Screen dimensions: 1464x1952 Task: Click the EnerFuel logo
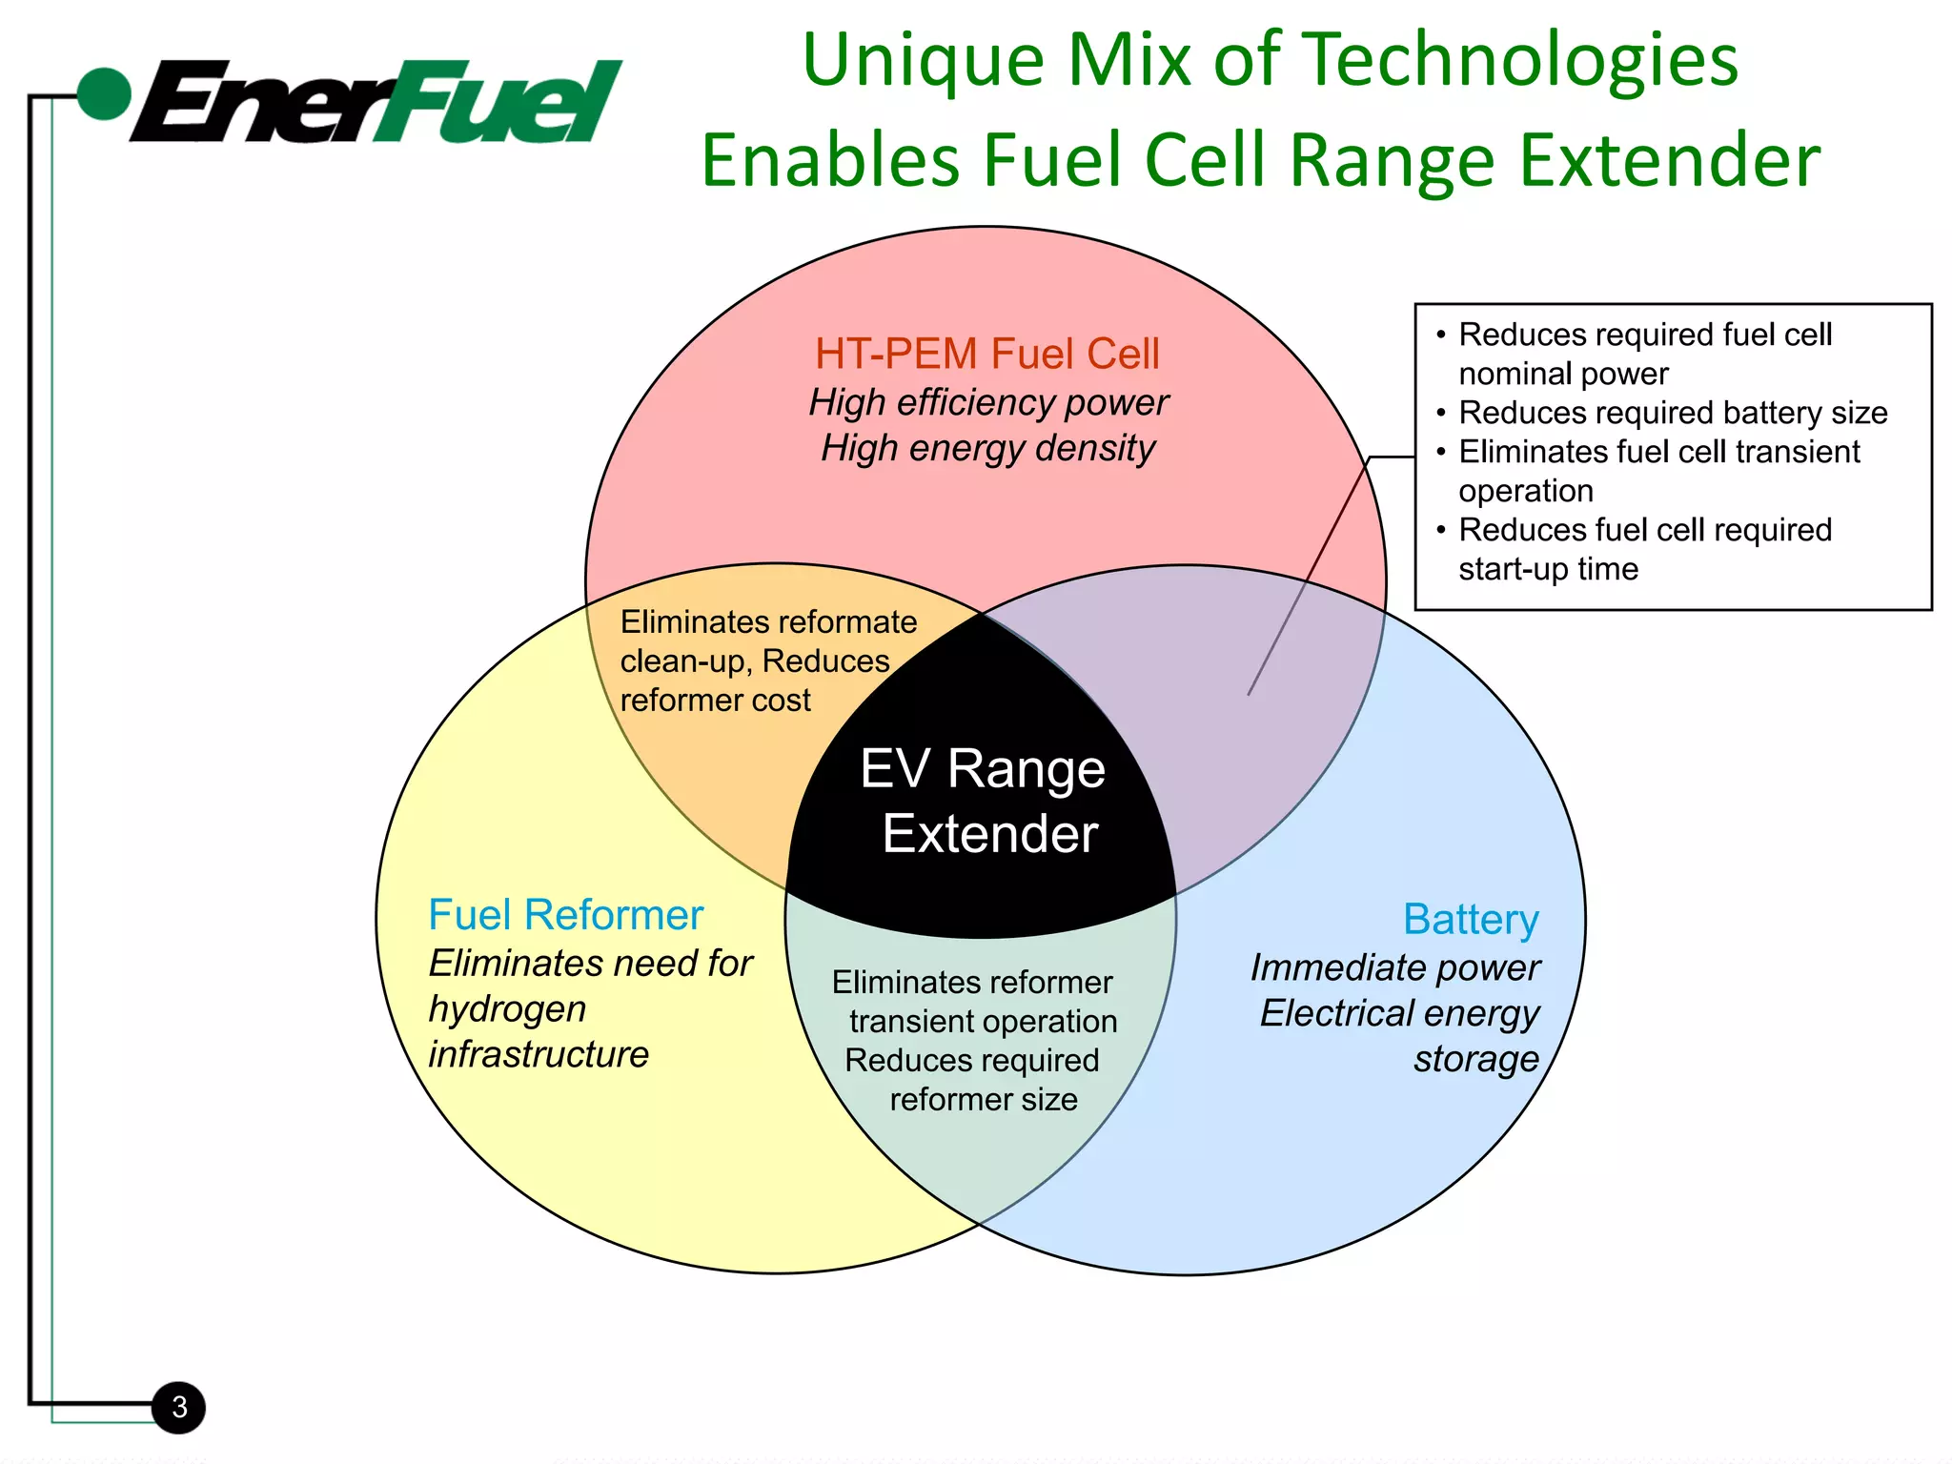coord(376,102)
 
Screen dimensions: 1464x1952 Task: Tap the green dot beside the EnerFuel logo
coord(103,94)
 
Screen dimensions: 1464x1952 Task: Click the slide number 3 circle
coord(179,1407)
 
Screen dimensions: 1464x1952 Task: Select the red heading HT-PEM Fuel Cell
coord(987,354)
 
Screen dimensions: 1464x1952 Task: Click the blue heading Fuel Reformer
coord(565,915)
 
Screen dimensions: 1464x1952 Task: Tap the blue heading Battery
coord(1471,920)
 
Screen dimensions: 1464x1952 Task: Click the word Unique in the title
coord(923,60)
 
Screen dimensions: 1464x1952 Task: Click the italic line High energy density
coord(987,448)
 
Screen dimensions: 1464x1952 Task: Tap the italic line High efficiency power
coord(987,402)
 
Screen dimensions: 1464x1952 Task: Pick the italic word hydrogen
coord(507,1009)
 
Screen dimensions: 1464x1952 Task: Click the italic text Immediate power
coord(1394,967)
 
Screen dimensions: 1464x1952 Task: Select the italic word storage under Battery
coord(1475,1059)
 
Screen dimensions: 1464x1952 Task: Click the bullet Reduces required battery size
coord(1672,413)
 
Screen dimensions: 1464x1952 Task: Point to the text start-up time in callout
coord(1548,569)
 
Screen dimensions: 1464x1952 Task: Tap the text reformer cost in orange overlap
coord(715,701)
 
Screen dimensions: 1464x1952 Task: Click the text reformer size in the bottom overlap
coord(984,1100)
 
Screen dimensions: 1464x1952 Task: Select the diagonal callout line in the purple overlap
coord(1306,581)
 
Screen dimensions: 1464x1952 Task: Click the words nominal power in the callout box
coord(1563,374)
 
